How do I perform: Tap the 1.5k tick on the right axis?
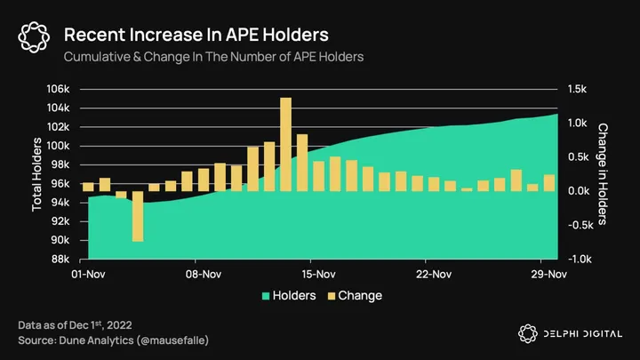(576, 89)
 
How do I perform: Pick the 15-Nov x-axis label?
(318, 275)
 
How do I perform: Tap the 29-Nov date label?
(548, 275)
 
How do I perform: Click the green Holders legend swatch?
(266, 295)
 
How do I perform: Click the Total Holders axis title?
(37, 174)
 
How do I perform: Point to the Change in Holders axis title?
(602, 174)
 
